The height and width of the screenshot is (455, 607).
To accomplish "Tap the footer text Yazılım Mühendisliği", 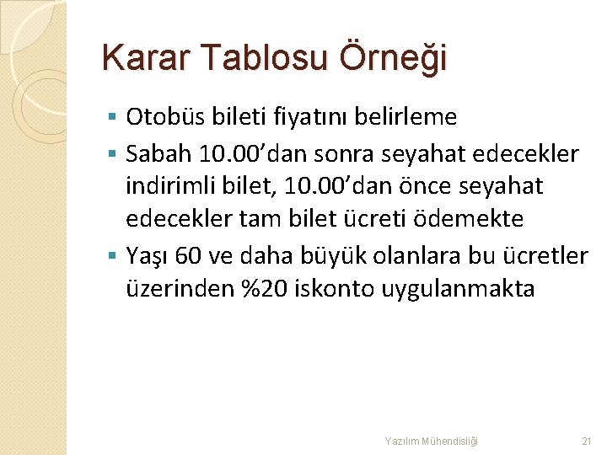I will click(x=431, y=441).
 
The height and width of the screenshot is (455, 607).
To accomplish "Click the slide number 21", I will click(x=587, y=441).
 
